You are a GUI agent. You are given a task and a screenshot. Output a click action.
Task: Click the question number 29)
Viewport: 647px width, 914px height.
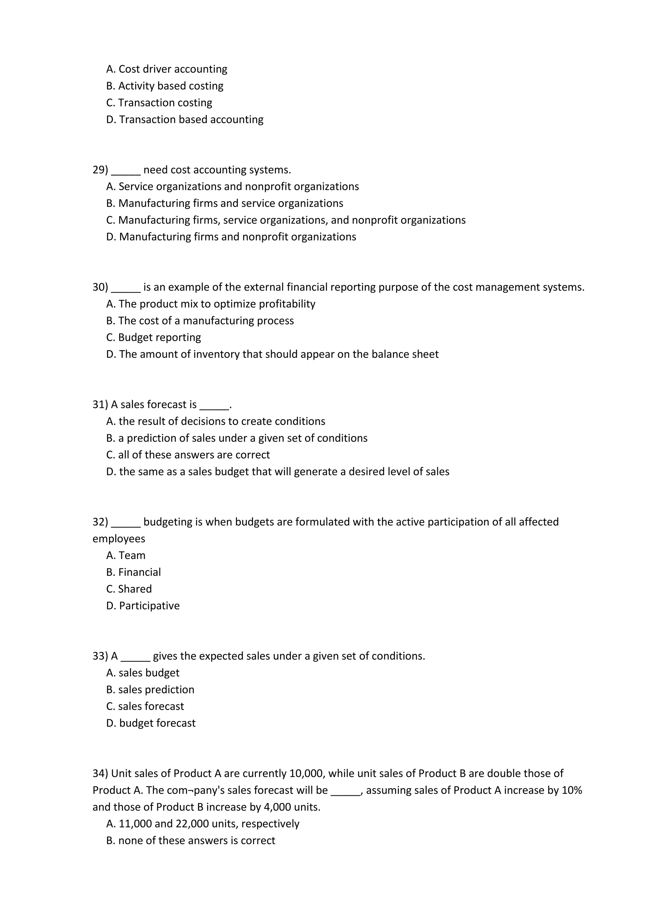pyautogui.click(x=100, y=170)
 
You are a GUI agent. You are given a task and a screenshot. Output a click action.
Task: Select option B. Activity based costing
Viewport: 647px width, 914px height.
pyautogui.click(x=165, y=86)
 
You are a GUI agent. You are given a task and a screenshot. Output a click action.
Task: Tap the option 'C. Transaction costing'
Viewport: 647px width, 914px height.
pyautogui.click(x=159, y=103)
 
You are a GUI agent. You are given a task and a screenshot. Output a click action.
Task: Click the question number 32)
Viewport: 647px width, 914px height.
pyautogui.click(x=100, y=522)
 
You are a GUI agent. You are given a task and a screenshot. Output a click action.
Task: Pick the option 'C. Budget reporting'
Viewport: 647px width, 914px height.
pyautogui.click(x=154, y=338)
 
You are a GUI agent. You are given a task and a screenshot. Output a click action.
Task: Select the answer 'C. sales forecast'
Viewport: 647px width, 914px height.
pyautogui.click(x=145, y=706)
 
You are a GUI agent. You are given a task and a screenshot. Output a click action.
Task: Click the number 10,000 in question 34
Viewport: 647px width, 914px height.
pyautogui.click(x=305, y=774)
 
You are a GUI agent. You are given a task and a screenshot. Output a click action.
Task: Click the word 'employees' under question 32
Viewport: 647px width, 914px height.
pyautogui.click(x=119, y=539)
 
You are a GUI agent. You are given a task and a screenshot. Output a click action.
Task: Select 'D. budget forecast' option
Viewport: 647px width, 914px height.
pyautogui.click(x=151, y=723)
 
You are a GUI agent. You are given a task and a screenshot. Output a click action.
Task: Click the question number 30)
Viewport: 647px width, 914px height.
pyautogui.click(x=100, y=288)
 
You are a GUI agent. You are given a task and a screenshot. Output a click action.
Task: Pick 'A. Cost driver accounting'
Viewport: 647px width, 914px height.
pyautogui.click(x=166, y=69)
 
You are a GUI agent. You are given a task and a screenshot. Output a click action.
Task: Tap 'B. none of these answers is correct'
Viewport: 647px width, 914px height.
pyautogui.click(x=190, y=840)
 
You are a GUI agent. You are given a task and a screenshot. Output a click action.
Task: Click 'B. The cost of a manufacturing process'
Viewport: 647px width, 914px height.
pyautogui.click(x=200, y=321)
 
